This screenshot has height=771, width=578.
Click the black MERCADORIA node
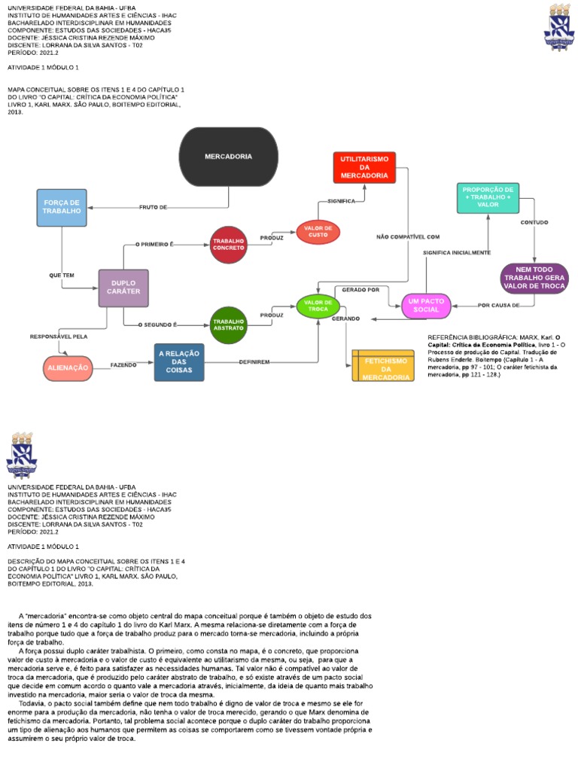(x=229, y=157)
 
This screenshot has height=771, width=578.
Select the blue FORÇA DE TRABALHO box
(x=62, y=207)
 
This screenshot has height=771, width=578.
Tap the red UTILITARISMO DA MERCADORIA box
(x=364, y=167)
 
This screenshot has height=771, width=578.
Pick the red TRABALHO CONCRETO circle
(x=228, y=244)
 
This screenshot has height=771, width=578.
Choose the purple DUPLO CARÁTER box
(x=123, y=288)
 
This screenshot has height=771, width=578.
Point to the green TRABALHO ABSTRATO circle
(x=228, y=325)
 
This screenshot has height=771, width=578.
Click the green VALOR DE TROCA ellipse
(x=318, y=306)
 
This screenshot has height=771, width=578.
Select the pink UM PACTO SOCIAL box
(x=426, y=305)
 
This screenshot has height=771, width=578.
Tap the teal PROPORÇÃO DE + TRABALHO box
(x=488, y=197)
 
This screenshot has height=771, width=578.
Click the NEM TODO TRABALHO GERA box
(x=535, y=278)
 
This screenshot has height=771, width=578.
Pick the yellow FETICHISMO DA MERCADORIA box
(x=383, y=365)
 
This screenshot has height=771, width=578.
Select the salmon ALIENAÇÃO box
(x=68, y=367)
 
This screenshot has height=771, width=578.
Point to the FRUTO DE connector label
(x=153, y=207)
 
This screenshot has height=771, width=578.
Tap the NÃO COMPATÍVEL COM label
(x=408, y=237)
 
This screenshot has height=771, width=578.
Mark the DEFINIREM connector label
(x=254, y=362)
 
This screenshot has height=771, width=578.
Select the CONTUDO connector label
(x=534, y=223)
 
